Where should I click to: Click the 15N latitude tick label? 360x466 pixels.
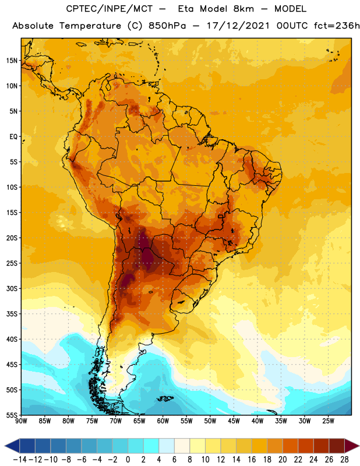(x=12, y=61)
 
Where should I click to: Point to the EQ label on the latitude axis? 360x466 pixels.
(x=13, y=137)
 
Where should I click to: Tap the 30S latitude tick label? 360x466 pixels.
(x=12, y=288)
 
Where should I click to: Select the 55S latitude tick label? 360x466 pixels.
(x=12, y=415)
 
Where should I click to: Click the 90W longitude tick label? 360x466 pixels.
(x=21, y=421)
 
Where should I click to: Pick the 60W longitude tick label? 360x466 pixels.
(x=163, y=421)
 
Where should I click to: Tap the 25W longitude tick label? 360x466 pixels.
(x=328, y=421)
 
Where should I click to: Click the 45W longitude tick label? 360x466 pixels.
(x=234, y=421)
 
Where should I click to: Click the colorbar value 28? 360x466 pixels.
(x=344, y=460)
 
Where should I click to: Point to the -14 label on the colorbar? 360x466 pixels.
(x=20, y=460)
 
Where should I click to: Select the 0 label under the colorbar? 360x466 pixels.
(x=128, y=460)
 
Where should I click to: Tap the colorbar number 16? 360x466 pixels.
(x=252, y=460)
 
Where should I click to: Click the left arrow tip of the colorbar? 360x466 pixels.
(x=5, y=446)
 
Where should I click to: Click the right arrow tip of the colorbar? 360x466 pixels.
(x=359, y=446)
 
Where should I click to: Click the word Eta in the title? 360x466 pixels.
(x=186, y=9)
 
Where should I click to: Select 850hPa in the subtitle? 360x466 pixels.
(x=167, y=26)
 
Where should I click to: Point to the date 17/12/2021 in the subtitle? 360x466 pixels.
(x=238, y=26)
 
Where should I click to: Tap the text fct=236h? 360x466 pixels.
(x=337, y=26)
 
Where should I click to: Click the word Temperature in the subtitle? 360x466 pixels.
(x=90, y=26)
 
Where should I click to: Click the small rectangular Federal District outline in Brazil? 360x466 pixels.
(x=221, y=216)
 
